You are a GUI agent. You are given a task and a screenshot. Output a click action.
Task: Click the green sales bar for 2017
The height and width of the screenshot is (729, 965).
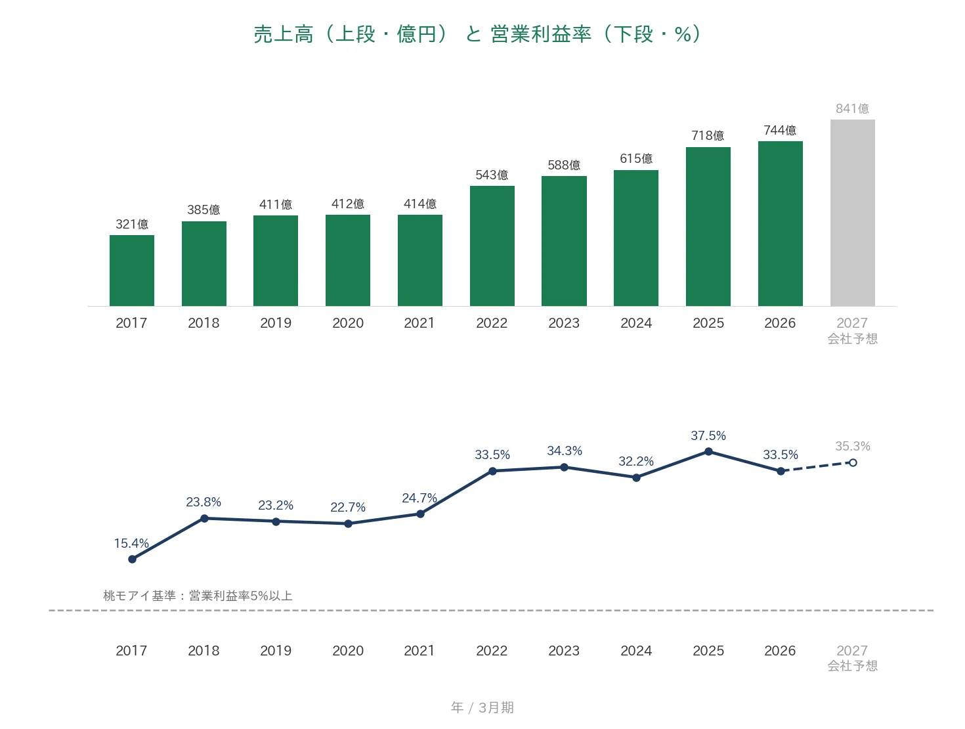pos(131,270)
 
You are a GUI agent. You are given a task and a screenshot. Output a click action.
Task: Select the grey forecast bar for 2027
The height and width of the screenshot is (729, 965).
pos(852,212)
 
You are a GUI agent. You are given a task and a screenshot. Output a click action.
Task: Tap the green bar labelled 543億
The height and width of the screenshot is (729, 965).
pos(492,246)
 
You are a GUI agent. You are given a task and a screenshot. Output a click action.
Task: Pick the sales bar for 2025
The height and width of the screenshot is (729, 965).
pos(708,226)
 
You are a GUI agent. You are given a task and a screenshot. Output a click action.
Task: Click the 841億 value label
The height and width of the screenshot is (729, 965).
pos(852,108)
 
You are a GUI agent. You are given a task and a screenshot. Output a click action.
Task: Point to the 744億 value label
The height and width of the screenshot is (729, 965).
pos(780,130)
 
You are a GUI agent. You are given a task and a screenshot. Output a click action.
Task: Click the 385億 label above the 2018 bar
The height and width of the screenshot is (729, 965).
pos(204,210)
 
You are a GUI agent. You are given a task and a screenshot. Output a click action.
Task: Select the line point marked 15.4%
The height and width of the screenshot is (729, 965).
pos(132,559)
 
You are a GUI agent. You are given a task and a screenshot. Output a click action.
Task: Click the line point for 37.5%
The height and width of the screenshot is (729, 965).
pos(708,451)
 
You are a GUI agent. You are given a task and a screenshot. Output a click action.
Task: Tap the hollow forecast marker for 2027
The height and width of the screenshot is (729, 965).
pos(853,462)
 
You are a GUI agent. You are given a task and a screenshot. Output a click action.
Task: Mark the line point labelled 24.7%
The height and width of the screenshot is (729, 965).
pos(420,514)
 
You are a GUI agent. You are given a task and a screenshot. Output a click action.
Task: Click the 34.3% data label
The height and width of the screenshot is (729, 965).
pos(564,451)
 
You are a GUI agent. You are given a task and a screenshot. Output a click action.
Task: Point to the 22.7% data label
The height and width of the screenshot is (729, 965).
pos(348,507)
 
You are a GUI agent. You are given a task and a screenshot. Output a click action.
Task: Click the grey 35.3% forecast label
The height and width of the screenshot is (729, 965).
pos(853,446)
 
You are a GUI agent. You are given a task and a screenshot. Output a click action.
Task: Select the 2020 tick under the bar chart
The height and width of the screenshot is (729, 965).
pos(348,322)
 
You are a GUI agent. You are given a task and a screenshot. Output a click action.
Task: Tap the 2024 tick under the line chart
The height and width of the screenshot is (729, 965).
pos(635,650)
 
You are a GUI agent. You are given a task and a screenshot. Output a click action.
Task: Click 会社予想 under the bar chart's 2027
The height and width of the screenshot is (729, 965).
pos(852,338)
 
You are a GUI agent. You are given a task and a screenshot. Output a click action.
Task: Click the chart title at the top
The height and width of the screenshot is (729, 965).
pos(477,34)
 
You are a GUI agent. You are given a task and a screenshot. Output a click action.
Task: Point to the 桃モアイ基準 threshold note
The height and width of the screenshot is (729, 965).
pos(198,595)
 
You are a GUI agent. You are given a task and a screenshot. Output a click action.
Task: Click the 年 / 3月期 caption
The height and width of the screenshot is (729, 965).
pos(482,707)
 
